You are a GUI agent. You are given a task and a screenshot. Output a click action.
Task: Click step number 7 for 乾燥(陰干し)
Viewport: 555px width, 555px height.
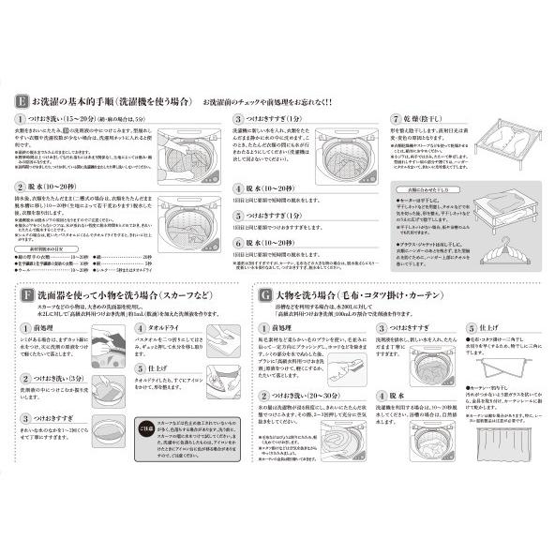point(396,120)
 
